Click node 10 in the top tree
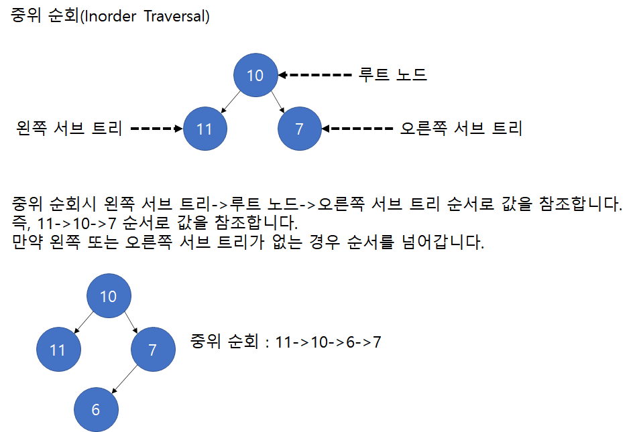click(255, 75)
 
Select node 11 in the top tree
click(205, 128)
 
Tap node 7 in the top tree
click(299, 128)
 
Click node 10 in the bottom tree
click(109, 296)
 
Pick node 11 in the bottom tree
click(58, 350)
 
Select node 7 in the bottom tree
click(153, 350)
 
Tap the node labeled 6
click(96, 410)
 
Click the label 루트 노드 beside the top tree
click(393, 74)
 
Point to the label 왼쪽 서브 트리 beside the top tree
click(68, 128)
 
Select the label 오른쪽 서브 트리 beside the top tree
click(461, 128)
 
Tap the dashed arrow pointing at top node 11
click(157, 128)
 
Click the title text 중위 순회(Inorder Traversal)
click(111, 16)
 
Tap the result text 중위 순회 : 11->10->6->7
click(286, 342)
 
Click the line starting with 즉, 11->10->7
click(155, 222)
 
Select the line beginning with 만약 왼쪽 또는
click(248, 242)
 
